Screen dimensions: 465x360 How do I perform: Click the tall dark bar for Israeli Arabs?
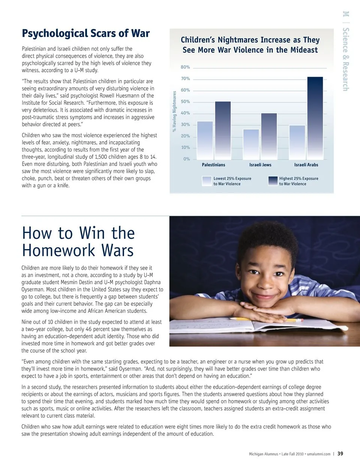click(315, 118)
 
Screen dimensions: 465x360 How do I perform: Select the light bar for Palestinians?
click(205, 140)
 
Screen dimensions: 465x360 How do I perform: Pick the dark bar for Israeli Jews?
click(269, 136)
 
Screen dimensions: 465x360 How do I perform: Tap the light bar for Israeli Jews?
click(251, 144)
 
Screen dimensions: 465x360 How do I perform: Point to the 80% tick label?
click(185, 67)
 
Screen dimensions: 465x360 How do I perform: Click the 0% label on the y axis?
click(186, 159)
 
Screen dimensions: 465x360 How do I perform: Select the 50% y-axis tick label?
click(185, 102)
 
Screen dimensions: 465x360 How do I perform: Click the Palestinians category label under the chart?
click(213, 165)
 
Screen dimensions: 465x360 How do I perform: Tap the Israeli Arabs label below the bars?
click(306, 165)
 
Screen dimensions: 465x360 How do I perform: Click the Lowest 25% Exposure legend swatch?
click(207, 181)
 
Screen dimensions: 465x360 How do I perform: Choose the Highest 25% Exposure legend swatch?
click(273, 181)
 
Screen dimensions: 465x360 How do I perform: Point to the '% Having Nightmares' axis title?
click(174, 112)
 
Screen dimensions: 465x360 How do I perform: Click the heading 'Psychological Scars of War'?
click(85, 34)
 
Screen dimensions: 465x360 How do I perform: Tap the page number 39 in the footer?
click(340, 453)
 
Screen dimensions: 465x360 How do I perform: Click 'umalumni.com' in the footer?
click(318, 454)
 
